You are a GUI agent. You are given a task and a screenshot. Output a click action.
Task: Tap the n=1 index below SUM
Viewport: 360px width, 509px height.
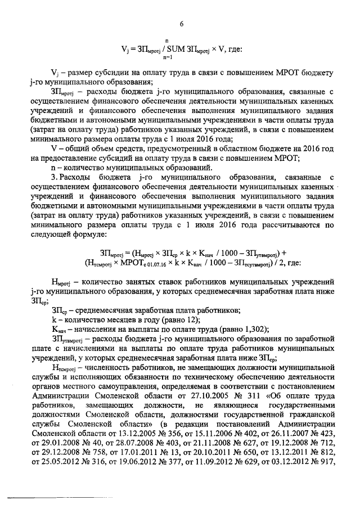[x=167, y=57]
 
